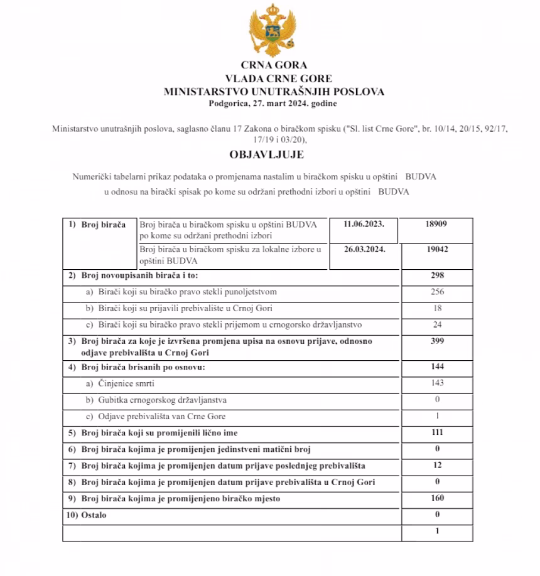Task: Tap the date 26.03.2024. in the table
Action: [364, 248]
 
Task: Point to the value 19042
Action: [438, 249]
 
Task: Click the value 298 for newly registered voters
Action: [438, 275]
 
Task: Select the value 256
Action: [438, 292]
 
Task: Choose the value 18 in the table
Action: [438, 308]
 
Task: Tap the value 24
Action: [438, 324]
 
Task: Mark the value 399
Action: [438, 341]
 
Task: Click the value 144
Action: [438, 366]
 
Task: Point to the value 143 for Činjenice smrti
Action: [438, 383]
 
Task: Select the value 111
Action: [438, 432]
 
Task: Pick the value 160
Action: [438, 498]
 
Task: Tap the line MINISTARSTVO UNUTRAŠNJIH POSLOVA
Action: [274, 92]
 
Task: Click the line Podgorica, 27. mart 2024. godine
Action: [274, 103]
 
